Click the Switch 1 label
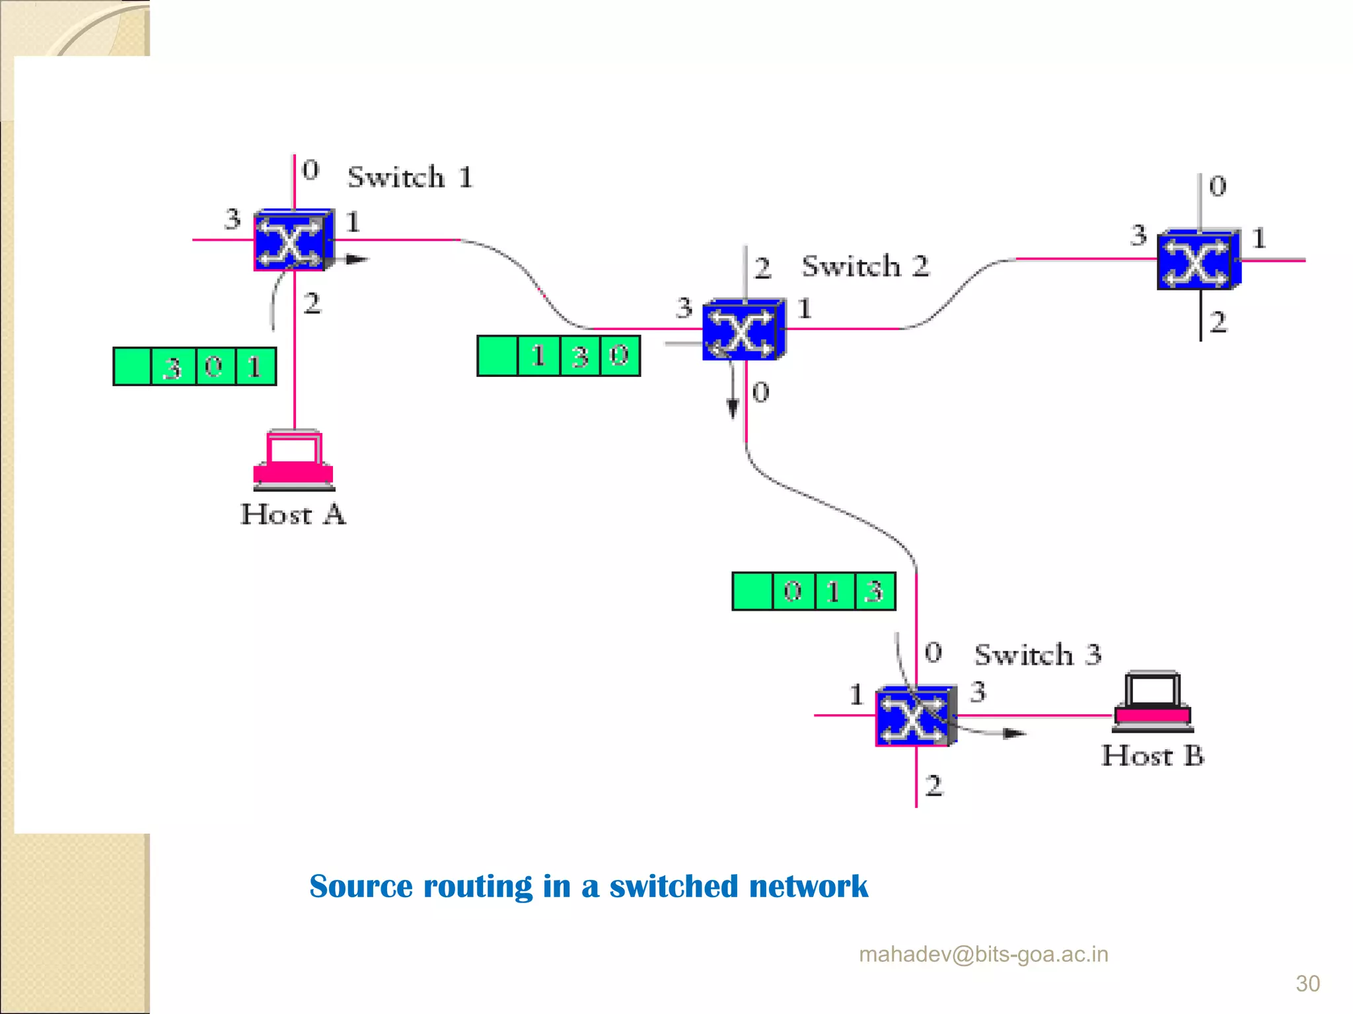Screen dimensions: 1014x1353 [410, 177]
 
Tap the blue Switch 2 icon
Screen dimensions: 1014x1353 [744, 329]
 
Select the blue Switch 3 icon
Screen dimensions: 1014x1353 [916, 716]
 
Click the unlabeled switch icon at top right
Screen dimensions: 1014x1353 [1198, 260]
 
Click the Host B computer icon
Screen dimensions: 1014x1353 [1153, 701]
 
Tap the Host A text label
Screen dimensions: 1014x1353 [293, 514]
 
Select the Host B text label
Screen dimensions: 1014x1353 [1152, 756]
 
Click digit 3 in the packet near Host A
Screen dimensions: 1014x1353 [173, 367]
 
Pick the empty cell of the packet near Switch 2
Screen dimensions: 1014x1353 [497, 356]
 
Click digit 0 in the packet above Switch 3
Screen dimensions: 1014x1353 [793, 591]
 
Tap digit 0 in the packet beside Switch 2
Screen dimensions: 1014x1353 [619, 356]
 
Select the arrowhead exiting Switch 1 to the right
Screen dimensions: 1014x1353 [357, 259]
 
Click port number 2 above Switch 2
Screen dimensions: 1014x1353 [762, 268]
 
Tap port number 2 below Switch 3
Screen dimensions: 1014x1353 [933, 786]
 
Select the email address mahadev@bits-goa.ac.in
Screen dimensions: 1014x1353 [983, 955]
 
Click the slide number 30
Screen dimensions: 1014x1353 [1307, 984]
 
